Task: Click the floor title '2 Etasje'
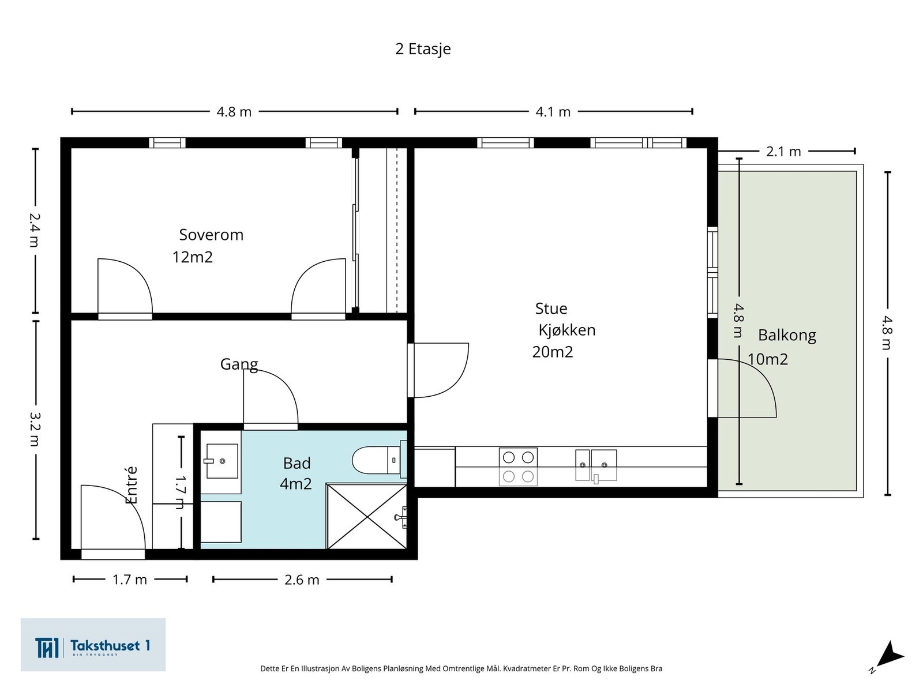[x=423, y=49]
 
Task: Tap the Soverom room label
[x=211, y=235]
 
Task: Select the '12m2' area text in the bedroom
[x=193, y=257]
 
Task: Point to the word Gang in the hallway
[x=239, y=364]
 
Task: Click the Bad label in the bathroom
[x=297, y=463]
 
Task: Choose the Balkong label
[x=787, y=335]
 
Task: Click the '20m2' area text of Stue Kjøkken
[x=553, y=352]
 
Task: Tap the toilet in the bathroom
[x=379, y=460]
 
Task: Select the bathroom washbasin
[x=222, y=461]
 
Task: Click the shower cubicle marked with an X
[x=367, y=516]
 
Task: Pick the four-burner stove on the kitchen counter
[x=518, y=467]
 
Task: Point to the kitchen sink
[x=596, y=465]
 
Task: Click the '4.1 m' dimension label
[x=553, y=112]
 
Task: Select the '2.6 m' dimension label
[x=302, y=580]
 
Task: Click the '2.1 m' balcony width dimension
[x=783, y=152]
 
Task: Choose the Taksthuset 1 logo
[x=93, y=644]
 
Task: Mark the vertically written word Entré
[x=132, y=485]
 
